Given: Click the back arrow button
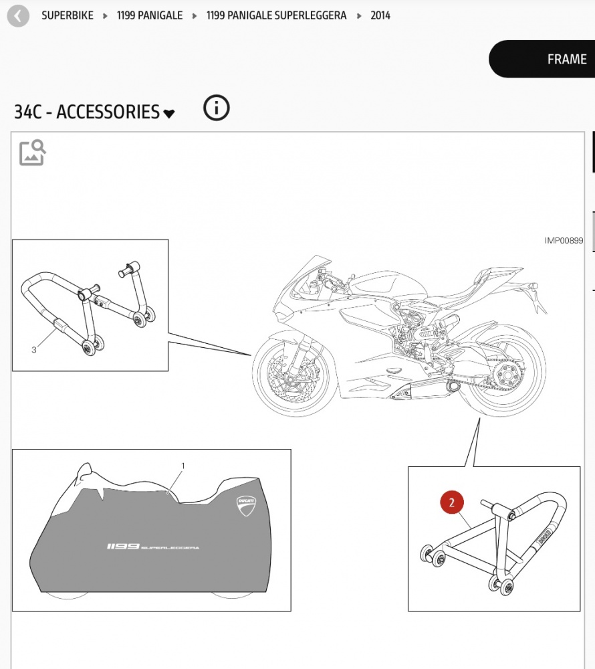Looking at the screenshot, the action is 18,16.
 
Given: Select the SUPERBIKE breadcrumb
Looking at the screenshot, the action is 68,16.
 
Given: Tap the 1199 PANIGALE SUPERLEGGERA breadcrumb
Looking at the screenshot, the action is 276,16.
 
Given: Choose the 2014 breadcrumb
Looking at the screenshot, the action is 380,16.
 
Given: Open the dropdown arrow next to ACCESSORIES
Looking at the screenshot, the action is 168,114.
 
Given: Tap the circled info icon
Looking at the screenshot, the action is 216,108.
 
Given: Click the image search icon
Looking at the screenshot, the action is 32,153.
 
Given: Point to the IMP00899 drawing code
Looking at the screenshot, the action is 564,241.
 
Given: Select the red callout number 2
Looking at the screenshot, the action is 452,502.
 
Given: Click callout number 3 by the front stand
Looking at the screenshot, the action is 34,350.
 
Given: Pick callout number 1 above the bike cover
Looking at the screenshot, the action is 183,466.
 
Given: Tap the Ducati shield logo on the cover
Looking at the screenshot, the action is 246,506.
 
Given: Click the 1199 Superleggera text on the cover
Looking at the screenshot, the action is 152,547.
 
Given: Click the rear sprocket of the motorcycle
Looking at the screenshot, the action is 507,376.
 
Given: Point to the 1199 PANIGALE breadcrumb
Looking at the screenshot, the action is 150,16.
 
